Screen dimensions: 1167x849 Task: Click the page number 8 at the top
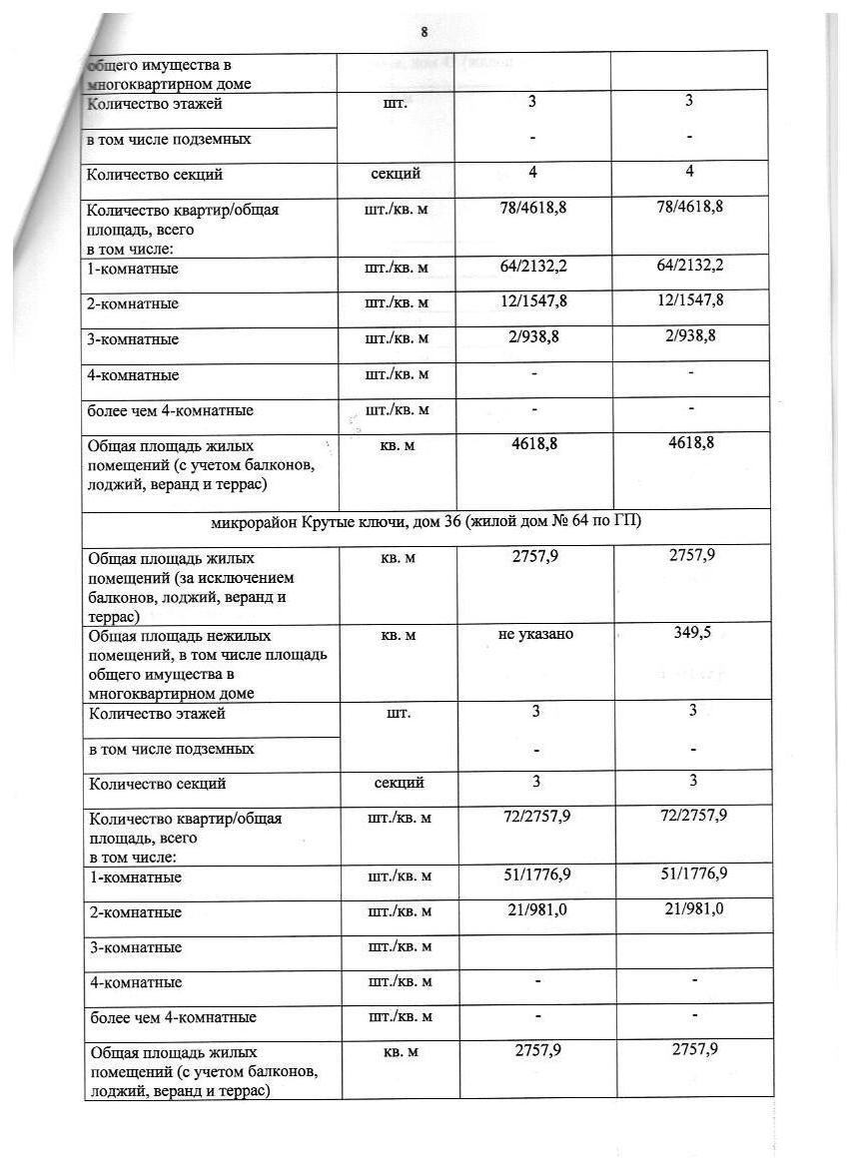(x=424, y=32)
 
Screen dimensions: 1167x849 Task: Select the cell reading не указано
(x=535, y=634)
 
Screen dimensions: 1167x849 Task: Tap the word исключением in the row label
(x=246, y=578)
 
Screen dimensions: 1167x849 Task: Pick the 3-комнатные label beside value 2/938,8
(x=133, y=339)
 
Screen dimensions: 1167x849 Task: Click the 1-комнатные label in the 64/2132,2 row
(x=133, y=269)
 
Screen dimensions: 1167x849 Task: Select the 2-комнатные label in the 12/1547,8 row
(x=133, y=303)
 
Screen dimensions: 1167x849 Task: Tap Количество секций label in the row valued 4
(x=154, y=175)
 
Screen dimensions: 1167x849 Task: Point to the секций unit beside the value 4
(x=397, y=174)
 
